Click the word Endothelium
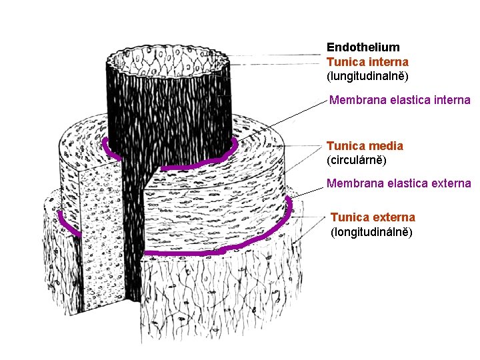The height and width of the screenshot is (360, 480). tap(363, 47)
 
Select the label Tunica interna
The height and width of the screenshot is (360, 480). tap(367, 61)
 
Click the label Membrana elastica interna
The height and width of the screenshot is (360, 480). tap(399, 101)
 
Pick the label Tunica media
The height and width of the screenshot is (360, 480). tap(365, 146)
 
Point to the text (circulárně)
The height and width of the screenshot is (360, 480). tap(356, 160)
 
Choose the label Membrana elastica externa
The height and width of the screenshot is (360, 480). tap(399, 183)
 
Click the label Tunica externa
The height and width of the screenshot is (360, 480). tap(373, 217)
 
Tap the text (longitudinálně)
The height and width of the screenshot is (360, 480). tap(371, 232)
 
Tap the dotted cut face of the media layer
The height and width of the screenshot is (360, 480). tap(100, 220)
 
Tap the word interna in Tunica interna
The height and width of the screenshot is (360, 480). tap(390, 61)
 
